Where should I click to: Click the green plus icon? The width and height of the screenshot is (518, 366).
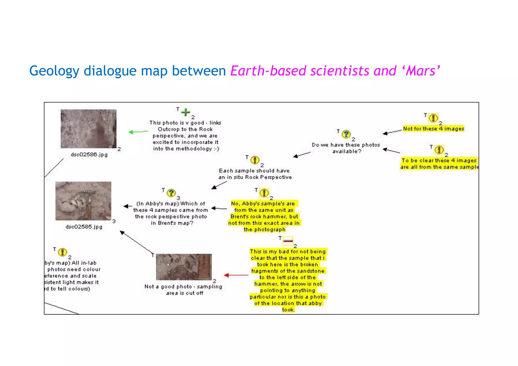point(186,112)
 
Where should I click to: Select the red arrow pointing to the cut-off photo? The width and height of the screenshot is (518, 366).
point(236,275)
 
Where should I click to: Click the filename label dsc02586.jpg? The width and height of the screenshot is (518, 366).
point(89,155)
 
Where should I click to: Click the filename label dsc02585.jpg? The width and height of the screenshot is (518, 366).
point(84,227)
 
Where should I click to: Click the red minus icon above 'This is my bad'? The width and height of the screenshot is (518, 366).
point(288,241)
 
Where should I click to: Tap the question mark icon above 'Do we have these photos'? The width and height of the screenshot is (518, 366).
point(346,134)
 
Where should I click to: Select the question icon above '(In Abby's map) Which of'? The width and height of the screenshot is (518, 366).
point(171,193)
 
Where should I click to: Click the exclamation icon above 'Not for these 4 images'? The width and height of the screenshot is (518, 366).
point(434,118)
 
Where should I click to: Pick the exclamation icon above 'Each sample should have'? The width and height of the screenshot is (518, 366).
point(255,160)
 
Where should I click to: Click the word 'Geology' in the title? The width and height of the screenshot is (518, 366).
point(54,71)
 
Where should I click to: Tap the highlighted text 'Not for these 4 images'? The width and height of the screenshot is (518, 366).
point(434,128)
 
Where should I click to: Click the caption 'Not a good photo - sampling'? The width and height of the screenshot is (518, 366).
point(183,287)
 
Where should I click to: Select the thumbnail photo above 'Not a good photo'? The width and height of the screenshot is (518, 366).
point(184,267)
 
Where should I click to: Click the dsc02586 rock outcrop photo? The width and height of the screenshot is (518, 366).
point(89,128)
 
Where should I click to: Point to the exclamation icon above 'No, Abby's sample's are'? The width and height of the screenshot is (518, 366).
point(264,193)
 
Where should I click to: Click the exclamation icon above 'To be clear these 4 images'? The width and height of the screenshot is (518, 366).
point(439,149)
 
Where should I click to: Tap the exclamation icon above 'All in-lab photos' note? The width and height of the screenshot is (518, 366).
point(62,252)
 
